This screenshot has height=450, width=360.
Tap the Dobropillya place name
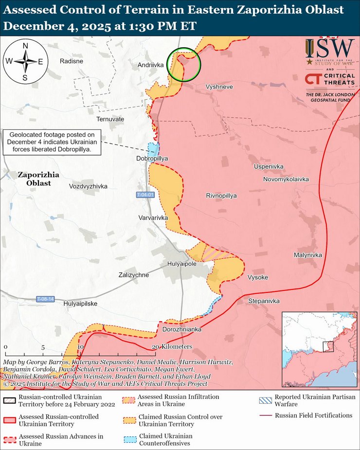pyautogui.click(x=152, y=159)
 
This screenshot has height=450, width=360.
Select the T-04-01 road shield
pyautogui.click(x=145, y=195)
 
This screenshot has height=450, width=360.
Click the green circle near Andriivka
pyautogui.click(x=184, y=65)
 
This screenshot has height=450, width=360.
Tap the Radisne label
pyautogui.click(x=71, y=61)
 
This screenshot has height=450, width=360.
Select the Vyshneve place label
pyautogui.click(x=219, y=87)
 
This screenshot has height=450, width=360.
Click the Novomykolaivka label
pyautogui.click(x=286, y=179)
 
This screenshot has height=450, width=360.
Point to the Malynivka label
pyautogui.click(x=307, y=255)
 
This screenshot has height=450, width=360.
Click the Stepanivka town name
pyautogui.click(x=264, y=301)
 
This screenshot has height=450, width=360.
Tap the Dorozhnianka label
pyautogui.click(x=181, y=329)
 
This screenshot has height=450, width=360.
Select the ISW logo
pyautogui.click(x=330, y=52)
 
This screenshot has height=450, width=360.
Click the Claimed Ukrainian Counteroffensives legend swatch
pyautogui.click(x=127, y=439)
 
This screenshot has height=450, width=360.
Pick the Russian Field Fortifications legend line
pyautogui.click(x=266, y=415)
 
